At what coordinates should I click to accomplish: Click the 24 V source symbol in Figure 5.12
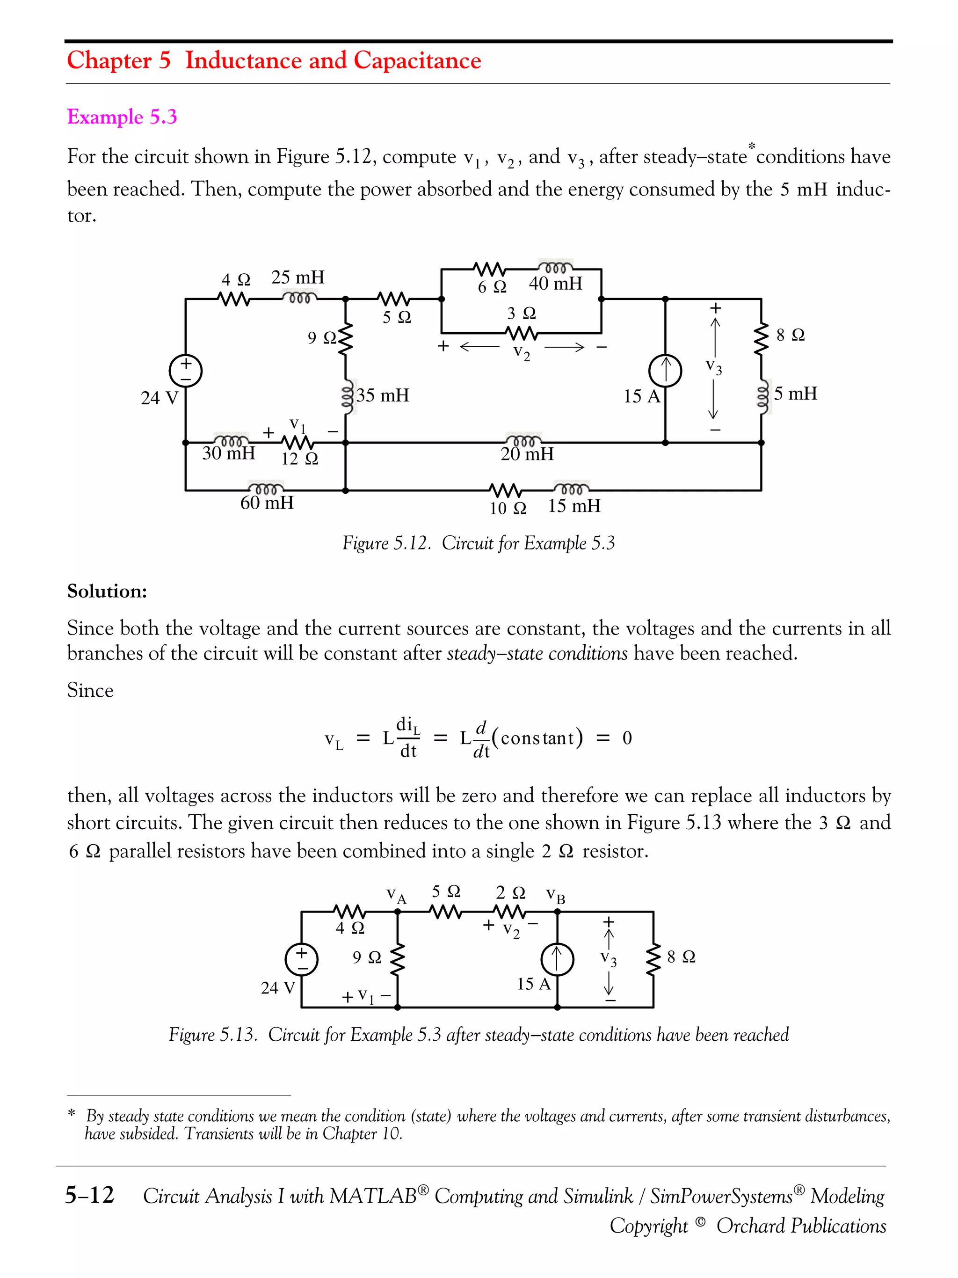[x=185, y=370]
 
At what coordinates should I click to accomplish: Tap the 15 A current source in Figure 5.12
[x=665, y=370]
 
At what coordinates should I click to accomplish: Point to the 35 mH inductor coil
[x=347, y=396]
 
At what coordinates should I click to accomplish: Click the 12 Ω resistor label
[x=300, y=459]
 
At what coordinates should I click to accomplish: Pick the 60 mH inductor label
[x=267, y=503]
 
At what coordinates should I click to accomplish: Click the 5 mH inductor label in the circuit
[x=795, y=394]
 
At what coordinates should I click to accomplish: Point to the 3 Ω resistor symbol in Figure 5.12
[x=522, y=333]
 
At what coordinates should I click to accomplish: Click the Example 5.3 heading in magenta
[x=122, y=117]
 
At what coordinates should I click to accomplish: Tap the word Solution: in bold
[x=108, y=591]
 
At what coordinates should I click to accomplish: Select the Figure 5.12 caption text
[x=478, y=543]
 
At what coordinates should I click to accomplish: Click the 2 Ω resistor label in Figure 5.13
[x=510, y=893]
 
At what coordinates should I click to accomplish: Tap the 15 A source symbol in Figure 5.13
[x=557, y=960]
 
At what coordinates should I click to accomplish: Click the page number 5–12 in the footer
[x=89, y=1194]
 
